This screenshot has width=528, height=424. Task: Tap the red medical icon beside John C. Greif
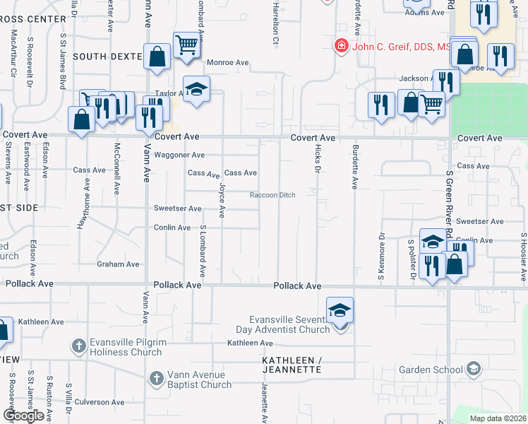click(x=341, y=46)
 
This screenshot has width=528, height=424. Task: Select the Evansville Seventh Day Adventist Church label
click(x=289, y=324)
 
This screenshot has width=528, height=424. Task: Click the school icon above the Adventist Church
click(x=340, y=310)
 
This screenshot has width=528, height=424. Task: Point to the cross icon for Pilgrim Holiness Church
click(x=79, y=346)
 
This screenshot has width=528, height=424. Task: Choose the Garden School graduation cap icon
click(x=473, y=369)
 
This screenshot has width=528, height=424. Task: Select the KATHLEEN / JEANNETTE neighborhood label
click(x=292, y=365)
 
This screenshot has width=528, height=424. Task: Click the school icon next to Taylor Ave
click(x=197, y=89)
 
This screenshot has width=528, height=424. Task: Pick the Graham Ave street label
click(x=119, y=264)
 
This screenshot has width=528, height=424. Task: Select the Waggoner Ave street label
click(x=179, y=155)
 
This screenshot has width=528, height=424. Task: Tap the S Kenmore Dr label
click(x=381, y=247)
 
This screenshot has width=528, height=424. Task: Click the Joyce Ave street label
click(x=222, y=201)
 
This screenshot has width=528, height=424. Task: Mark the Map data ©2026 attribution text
click(x=496, y=418)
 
